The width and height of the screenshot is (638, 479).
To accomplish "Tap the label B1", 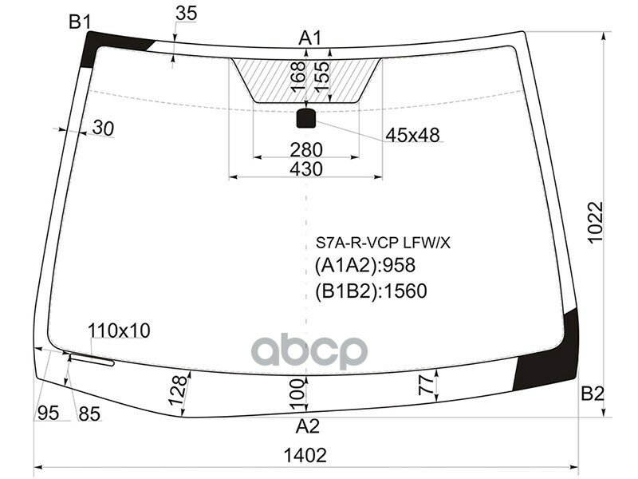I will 78,22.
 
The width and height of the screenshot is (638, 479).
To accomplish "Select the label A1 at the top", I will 309,38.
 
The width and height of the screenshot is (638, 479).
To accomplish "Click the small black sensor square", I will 306,119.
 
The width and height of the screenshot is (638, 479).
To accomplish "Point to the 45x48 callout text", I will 412,136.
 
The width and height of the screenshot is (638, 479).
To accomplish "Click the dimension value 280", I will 306,150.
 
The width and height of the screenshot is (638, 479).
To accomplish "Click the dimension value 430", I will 306,169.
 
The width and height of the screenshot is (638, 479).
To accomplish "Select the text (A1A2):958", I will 364,266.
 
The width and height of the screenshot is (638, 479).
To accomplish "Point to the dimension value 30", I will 103,127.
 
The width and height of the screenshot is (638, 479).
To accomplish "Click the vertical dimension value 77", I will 427,386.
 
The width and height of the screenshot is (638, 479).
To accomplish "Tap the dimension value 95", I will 48,413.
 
